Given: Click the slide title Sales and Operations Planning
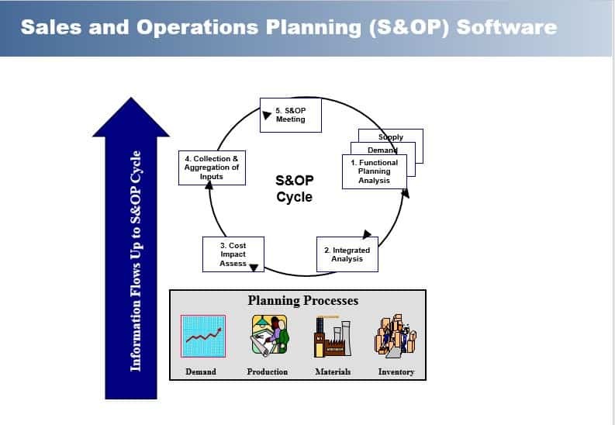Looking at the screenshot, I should tap(288, 27).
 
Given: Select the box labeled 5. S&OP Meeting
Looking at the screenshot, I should tap(290, 116).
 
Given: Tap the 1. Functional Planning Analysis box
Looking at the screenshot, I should tap(375, 171).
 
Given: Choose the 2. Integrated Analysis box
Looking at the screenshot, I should tap(347, 254).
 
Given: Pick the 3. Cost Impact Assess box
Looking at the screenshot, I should tap(233, 254).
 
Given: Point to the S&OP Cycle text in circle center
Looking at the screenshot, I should tap(294, 188).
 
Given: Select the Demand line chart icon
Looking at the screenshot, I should tap(203, 336).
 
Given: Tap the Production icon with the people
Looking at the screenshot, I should tap(268, 336).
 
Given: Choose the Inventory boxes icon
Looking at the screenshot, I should tap(396, 336).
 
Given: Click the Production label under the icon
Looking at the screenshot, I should tap(267, 371).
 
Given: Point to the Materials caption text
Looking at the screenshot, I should tap(333, 371).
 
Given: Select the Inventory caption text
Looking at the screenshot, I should tap(396, 371).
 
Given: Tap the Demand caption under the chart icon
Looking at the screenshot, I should tap(201, 371).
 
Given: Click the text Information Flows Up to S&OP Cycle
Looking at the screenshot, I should tap(136, 260).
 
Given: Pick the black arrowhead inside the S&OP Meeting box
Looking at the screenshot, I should tap(267, 116).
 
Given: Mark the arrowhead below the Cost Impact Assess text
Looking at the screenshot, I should tap(253, 268).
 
